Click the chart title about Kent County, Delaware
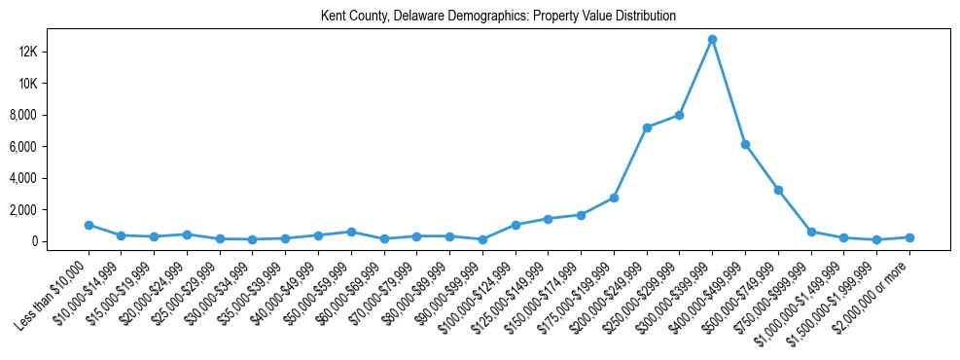tap(498, 17)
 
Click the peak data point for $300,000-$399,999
tap(712, 39)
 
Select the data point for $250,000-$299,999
tap(679, 115)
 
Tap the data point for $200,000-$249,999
tap(647, 127)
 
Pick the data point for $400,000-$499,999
tap(745, 144)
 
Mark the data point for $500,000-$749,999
tap(778, 190)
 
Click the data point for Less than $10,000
tap(89, 225)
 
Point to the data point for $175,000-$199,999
tap(614, 198)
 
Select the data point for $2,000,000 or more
tap(909, 237)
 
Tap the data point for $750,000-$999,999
tap(811, 232)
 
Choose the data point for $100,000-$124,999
tap(516, 225)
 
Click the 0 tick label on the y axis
tap(60, 241)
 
